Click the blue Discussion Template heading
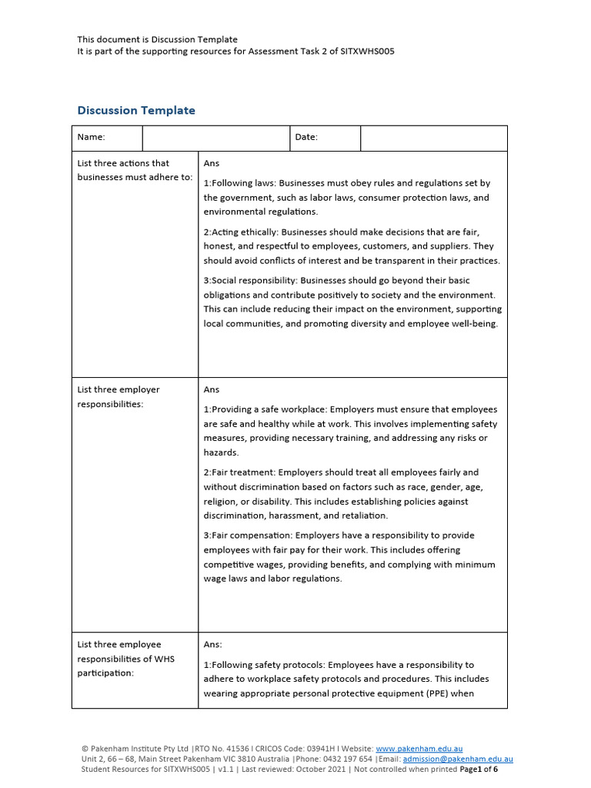(136, 110)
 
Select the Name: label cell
(91, 137)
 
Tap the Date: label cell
(306, 137)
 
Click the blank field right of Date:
(433, 138)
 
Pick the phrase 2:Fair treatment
(239, 472)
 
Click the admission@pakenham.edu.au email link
(458, 758)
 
